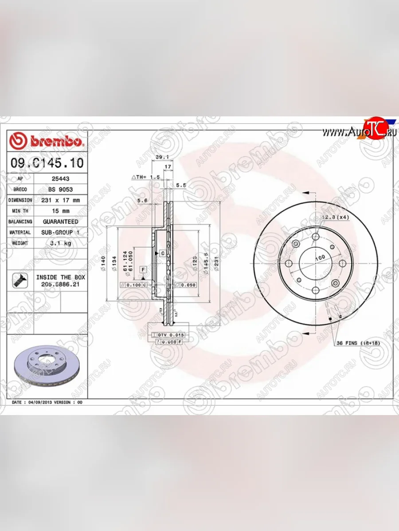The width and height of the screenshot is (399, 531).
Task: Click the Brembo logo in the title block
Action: [46, 141]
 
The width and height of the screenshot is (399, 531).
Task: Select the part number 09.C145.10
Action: [47, 162]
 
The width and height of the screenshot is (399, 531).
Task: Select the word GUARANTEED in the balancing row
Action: [61, 221]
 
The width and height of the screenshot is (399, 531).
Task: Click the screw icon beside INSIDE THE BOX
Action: [19, 280]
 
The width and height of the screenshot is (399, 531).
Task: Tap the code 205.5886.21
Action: [61, 285]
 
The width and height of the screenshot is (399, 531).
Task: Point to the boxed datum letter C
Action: [163, 253]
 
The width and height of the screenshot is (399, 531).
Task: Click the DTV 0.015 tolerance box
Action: [171, 335]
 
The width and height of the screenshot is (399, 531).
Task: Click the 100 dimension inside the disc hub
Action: [320, 258]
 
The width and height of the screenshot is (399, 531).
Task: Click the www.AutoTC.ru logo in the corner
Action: [359, 131]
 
